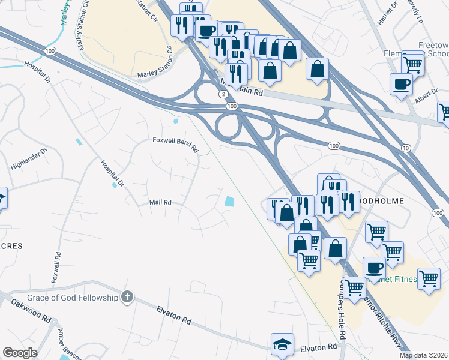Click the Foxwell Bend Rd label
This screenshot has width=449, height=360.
[x=175, y=145]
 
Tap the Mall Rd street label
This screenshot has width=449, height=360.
[x=160, y=203]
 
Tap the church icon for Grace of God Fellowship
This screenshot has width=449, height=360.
[x=127, y=296]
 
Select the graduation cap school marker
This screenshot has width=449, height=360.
[x=282, y=344]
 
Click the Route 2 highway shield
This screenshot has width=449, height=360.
[x=223, y=94]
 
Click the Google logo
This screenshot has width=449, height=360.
[x=20, y=353]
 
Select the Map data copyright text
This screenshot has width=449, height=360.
[x=423, y=355]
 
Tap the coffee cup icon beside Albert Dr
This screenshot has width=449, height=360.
[x=400, y=84]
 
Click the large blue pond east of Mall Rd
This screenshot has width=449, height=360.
[x=229, y=203]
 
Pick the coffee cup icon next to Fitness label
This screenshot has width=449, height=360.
[x=374, y=268]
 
